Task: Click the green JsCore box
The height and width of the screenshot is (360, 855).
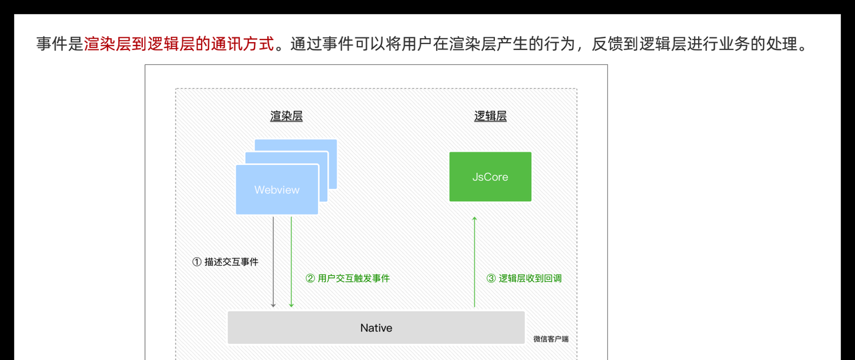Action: (x=490, y=177)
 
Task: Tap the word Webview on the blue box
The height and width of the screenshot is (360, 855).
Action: (x=277, y=190)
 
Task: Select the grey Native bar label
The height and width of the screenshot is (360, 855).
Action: (x=376, y=328)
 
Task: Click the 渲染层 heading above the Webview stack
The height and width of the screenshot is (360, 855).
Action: (x=287, y=116)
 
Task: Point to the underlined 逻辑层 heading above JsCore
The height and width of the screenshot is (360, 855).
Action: (x=490, y=116)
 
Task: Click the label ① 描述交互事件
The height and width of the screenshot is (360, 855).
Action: (x=225, y=262)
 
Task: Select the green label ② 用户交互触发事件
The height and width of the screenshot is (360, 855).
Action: (x=347, y=278)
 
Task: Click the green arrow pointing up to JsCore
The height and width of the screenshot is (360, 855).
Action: (x=474, y=260)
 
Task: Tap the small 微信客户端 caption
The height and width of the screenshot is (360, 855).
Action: (x=551, y=339)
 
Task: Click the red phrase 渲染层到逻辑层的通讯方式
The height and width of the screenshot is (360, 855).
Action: (x=179, y=45)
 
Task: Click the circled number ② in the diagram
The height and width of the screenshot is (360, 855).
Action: (x=310, y=278)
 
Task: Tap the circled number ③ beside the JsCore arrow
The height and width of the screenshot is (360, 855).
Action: (x=491, y=278)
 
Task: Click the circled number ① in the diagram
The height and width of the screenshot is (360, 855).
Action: (x=197, y=262)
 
